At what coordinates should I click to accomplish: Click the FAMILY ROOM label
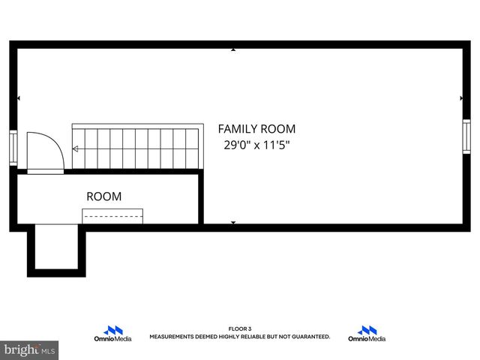[x=256, y=129]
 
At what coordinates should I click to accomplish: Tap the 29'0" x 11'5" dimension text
[x=256, y=145]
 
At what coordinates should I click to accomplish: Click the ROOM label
[x=103, y=196]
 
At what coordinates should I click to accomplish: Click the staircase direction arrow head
[x=75, y=148]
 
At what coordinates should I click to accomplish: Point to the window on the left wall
[x=13, y=147]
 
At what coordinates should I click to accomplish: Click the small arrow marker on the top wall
[x=233, y=49]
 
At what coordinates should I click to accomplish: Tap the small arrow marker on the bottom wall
[x=233, y=223]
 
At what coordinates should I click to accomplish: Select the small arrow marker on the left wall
[x=19, y=98]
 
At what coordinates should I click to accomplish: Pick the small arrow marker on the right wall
[x=461, y=98]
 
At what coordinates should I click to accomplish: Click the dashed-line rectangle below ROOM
[x=112, y=216]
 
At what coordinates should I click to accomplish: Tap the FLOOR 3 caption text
[x=240, y=328]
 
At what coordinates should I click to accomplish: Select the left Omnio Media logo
[x=112, y=334]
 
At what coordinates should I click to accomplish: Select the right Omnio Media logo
[x=367, y=334]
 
